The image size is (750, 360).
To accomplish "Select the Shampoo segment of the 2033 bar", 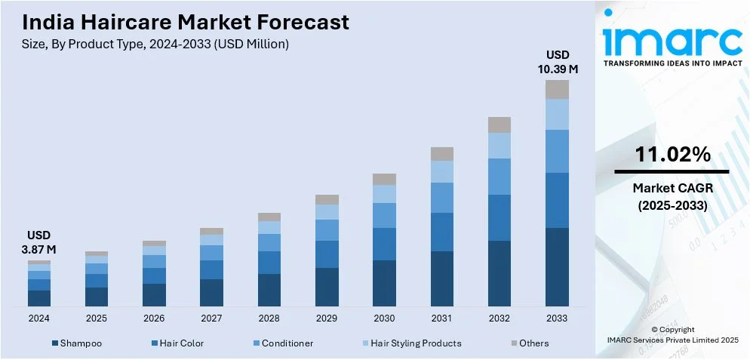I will (557, 266).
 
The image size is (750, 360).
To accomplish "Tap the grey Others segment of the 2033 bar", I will (557, 89).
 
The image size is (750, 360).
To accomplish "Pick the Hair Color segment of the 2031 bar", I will (442, 232).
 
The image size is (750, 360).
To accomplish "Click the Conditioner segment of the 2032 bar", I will (499, 177).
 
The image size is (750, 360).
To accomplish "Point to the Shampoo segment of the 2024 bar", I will (39, 298).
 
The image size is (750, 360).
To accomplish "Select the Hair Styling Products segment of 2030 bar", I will (384, 194).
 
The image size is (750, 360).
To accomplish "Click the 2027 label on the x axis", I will (211, 318).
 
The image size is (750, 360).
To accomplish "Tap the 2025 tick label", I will (97, 318).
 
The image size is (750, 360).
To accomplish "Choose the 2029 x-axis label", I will (327, 318).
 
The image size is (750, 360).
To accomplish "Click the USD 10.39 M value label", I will (558, 62).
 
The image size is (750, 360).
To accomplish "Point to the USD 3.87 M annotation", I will (39, 242).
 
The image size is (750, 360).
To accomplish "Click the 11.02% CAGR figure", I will (672, 155).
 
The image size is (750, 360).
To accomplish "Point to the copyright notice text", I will (672, 334).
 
